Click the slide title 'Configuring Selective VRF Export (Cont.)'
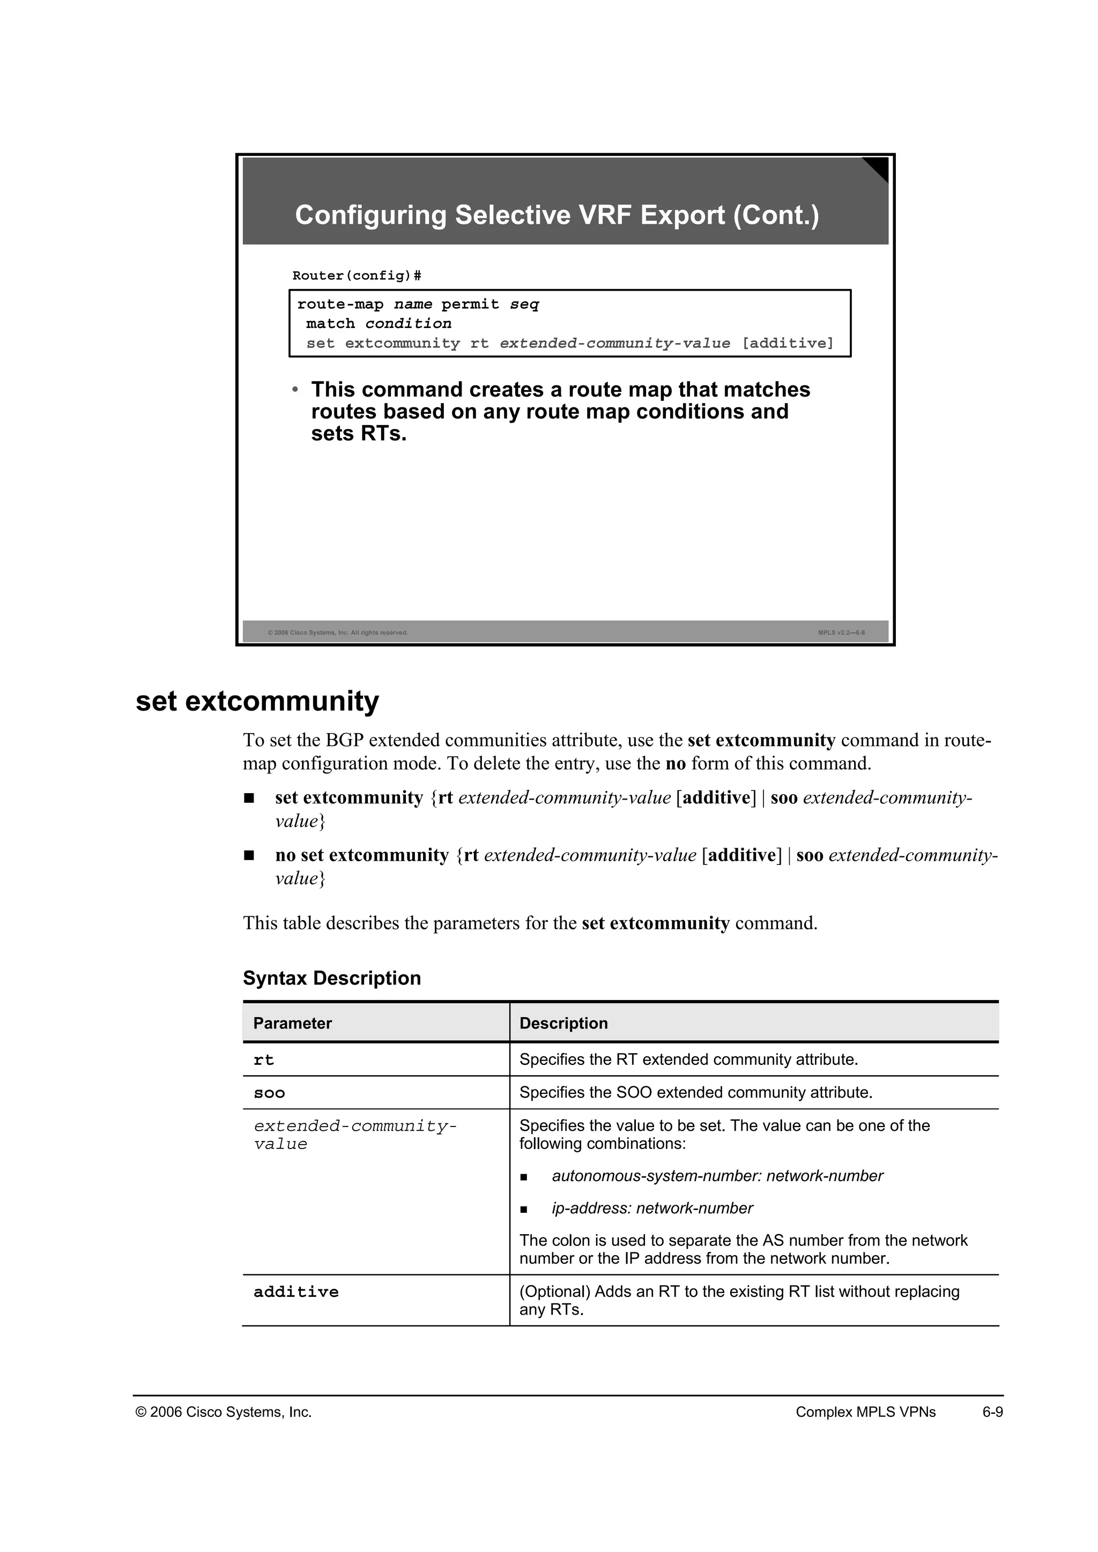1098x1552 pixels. click(557, 215)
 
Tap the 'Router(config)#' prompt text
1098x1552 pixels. click(357, 276)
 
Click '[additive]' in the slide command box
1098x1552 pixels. click(787, 344)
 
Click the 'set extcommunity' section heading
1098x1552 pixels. click(257, 701)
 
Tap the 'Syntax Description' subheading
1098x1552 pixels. click(331, 978)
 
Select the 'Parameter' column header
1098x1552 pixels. click(292, 1024)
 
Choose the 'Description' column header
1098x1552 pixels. click(563, 1024)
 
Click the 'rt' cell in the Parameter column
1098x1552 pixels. click(264, 1060)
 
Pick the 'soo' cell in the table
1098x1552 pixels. click(269, 1093)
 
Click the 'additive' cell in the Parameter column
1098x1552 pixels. click(295, 1292)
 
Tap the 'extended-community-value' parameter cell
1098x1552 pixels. click(354, 1135)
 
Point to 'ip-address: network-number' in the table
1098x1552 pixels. click(652, 1208)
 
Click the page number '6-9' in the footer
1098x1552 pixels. click(992, 1412)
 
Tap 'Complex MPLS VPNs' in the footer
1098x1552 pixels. click(865, 1412)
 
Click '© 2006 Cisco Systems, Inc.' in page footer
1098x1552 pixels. click(224, 1412)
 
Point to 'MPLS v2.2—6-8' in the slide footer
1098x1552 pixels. click(841, 633)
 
